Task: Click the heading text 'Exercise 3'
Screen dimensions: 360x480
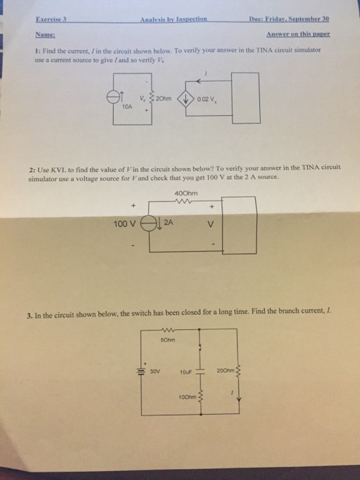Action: coord(51,19)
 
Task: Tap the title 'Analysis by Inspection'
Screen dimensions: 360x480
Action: coord(173,19)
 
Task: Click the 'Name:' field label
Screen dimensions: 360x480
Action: coord(45,34)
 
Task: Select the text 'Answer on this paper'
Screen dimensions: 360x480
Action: coord(298,34)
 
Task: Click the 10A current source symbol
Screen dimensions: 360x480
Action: coord(112,97)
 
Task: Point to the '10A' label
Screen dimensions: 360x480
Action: coord(127,107)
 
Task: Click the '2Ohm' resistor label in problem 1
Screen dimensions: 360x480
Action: coord(164,99)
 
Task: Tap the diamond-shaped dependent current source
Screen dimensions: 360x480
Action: coord(186,99)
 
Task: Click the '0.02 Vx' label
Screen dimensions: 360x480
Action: coord(207,99)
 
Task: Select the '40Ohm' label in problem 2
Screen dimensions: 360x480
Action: coord(186,193)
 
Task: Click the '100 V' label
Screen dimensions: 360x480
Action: coord(124,224)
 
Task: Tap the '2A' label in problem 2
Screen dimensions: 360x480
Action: coord(169,223)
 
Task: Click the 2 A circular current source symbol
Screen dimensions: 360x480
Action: coord(149,224)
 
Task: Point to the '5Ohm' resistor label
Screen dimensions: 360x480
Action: coord(168,340)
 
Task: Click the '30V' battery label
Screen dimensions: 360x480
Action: coord(155,372)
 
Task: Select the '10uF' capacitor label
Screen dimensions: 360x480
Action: coord(186,372)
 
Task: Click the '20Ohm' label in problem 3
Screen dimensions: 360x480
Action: coord(226,371)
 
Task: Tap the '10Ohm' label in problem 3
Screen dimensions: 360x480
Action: coord(188,397)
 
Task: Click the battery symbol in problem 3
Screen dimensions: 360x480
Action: coord(141,371)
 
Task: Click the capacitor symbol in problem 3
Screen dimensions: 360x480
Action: coord(200,372)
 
